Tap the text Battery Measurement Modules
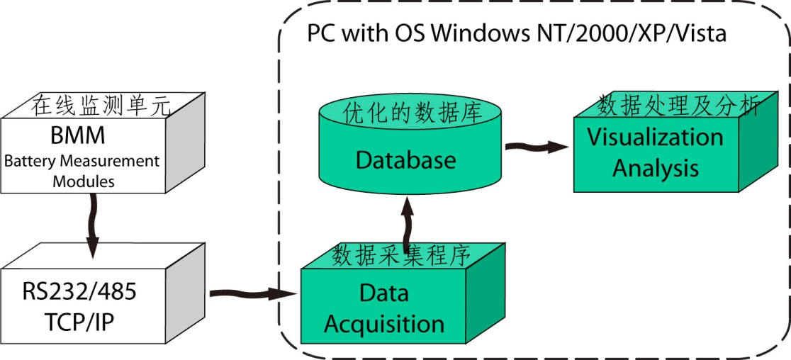click(x=82, y=171)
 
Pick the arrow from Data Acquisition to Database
click(x=407, y=227)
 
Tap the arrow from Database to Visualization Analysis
click(x=537, y=147)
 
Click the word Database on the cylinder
click(x=405, y=159)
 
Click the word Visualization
click(x=654, y=137)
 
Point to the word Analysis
click(x=656, y=168)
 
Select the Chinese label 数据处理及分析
click(x=678, y=105)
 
